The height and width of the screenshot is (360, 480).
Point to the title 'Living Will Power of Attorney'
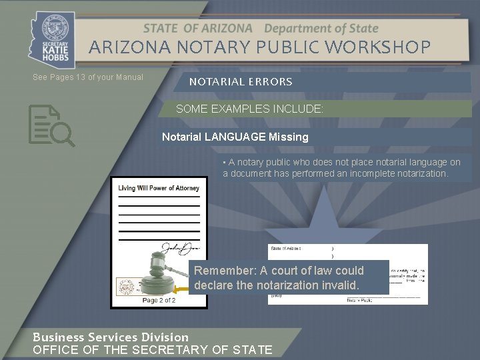coord(159,188)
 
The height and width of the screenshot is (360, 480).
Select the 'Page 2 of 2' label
coord(159,300)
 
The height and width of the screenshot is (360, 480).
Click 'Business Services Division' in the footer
coord(111,337)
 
